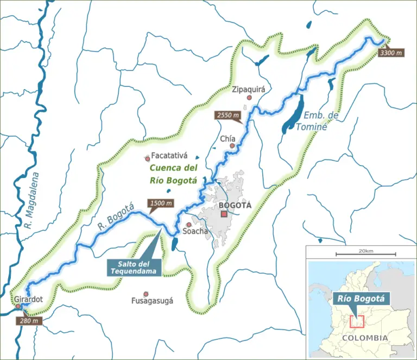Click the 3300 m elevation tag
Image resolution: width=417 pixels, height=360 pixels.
(391, 53)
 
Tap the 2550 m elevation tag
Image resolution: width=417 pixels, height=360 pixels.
(228, 116)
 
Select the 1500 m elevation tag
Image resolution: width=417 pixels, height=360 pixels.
(161, 204)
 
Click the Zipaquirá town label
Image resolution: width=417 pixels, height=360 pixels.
(248, 89)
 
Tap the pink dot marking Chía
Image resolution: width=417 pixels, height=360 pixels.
(232, 146)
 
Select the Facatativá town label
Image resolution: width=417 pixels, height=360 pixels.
(169, 155)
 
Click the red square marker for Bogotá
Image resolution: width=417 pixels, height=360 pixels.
(224, 214)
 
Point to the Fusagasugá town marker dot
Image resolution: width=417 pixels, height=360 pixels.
(146, 294)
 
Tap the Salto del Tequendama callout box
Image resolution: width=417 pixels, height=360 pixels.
(134, 267)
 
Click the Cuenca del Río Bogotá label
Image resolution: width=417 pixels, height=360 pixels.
(174, 174)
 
